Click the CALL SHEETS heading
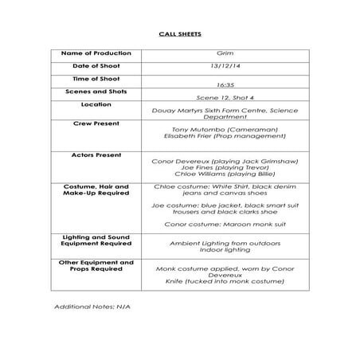(x=179, y=36)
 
